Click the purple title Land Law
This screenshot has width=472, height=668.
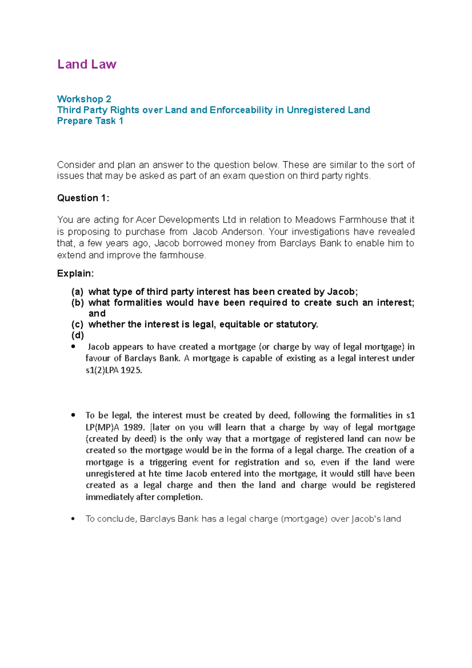pyautogui.click(x=87, y=64)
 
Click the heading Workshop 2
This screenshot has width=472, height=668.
pyautogui.click(x=84, y=99)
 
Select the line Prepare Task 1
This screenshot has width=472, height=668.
pyautogui.click(x=90, y=121)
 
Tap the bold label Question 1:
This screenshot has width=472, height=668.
pyautogui.click(x=83, y=198)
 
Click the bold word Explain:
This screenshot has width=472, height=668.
pyautogui.click(x=76, y=273)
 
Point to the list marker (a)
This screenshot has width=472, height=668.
pyautogui.click(x=77, y=292)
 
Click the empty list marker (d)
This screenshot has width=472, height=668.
pyautogui.click(x=77, y=335)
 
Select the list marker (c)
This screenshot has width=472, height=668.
pyautogui.click(x=77, y=324)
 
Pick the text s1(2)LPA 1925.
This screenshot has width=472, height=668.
pyautogui.click(x=113, y=370)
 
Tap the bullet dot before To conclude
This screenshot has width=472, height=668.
pyautogui.click(x=73, y=519)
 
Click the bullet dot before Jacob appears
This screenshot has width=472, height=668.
pyautogui.click(x=73, y=347)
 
